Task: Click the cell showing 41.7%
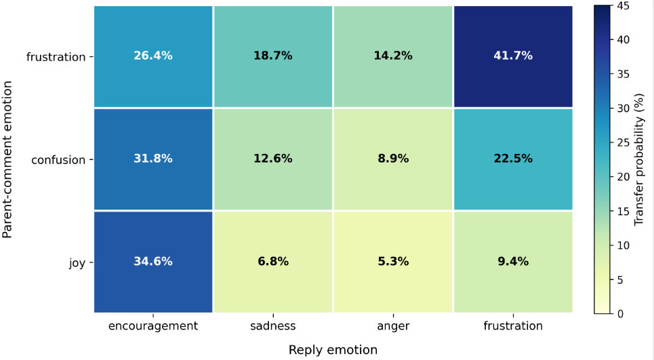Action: [513, 56]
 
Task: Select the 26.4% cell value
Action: [153, 56]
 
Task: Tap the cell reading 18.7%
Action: [272, 56]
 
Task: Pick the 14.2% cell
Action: [393, 56]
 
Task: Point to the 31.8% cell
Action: [153, 159]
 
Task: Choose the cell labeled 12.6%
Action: [272, 159]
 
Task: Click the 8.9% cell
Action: [393, 159]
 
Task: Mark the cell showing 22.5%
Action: [513, 159]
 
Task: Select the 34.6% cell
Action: [153, 262]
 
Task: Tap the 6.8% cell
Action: [272, 262]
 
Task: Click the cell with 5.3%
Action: [393, 262]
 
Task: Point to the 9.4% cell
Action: [513, 262]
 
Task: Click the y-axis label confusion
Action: [58, 160]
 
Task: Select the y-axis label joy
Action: [77, 263]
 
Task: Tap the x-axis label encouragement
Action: [153, 326]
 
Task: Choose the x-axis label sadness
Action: [272, 326]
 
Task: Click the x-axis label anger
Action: [393, 326]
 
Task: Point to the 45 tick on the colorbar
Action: [624, 6]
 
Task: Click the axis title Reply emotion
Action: [333, 350]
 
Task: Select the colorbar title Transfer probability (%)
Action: [639, 160]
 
